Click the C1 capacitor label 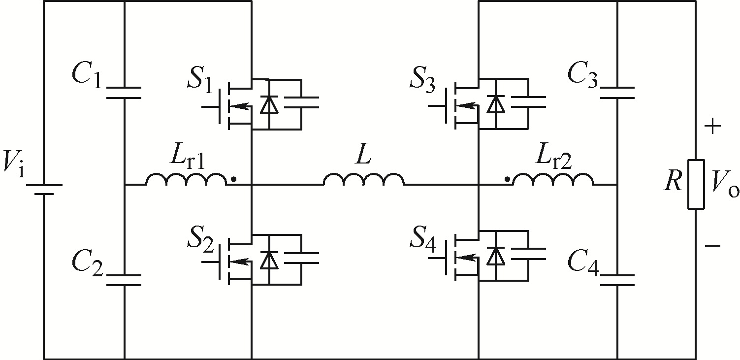coord(86,77)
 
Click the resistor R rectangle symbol coord(696,185)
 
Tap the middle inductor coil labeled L coord(363,179)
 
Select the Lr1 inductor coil coord(186,179)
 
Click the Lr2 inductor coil coord(553,179)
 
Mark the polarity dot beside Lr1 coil coord(233,179)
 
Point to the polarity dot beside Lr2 coord(507,179)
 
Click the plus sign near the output coord(712,126)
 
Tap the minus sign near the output coord(712,246)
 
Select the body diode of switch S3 coord(496,104)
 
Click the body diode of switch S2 coord(269,260)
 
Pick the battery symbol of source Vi coord(44,190)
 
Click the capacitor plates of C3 coord(617,93)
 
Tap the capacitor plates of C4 coord(617,280)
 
